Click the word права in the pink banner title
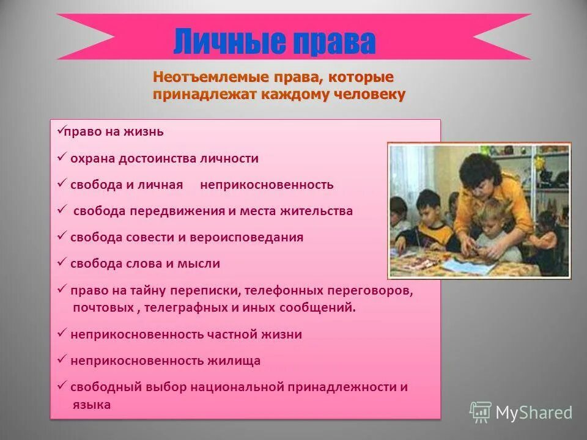(333, 42)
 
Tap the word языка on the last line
(92, 405)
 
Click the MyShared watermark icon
(480, 413)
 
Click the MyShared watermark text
(533, 413)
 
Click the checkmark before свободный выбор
(62, 386)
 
